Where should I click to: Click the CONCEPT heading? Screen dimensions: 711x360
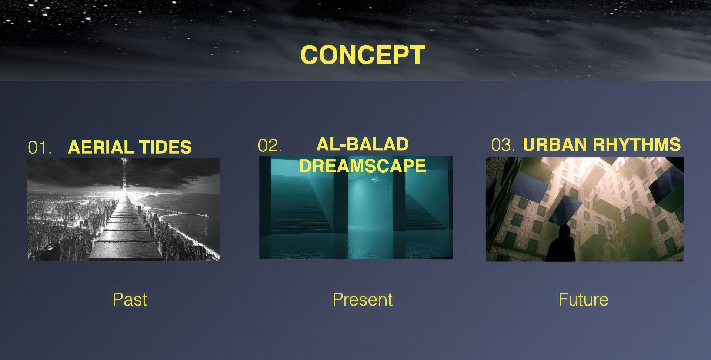[363, 55]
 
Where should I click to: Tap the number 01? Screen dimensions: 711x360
[40, 148]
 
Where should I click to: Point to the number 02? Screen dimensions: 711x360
[270, 146]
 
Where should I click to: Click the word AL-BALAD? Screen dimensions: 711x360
[363, 144]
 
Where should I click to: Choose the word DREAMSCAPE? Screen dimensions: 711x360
[363, 166]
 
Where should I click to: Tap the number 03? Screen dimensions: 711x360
[503, 145]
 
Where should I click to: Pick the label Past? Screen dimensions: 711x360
[130, 299]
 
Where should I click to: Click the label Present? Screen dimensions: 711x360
[363, 299]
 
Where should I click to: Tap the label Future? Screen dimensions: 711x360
[583, 299]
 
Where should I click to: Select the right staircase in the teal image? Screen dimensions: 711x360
[426, 207]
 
